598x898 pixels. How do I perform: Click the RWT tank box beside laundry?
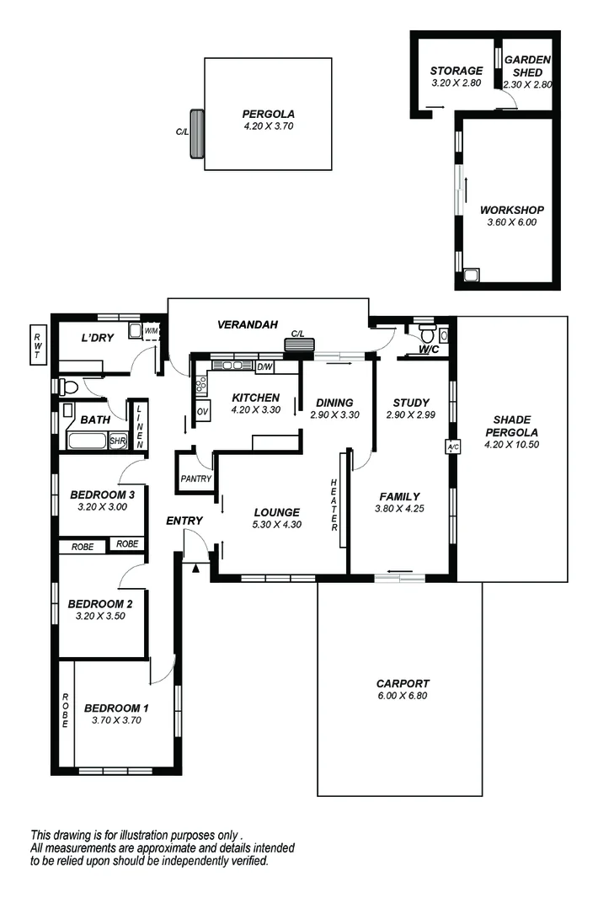(x=37, y=345)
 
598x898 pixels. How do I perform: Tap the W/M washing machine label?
(x=152, y=331)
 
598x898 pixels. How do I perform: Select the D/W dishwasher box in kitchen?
(x=264, y=366)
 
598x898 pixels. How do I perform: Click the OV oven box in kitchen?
(x=202, y=410)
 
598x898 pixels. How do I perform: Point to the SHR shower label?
(x=117, y=441)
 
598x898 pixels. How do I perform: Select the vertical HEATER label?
(x=334, y=505)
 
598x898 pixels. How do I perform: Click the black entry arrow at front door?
(x=196, y=569)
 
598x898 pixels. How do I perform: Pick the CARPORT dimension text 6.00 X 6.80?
(x=403, y=696)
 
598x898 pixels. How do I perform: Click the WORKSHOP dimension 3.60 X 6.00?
(x=511, y=222)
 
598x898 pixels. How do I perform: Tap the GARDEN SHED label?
(x=527, y=66)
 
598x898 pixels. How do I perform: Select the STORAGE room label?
(x=457, y=71)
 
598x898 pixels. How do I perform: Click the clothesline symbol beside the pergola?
(x=197, y=133)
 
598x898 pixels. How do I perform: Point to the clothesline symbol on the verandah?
(x=299, y=344)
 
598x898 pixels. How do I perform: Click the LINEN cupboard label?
(x=140, y=425)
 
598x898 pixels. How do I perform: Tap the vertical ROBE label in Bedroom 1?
(x=65, y=709)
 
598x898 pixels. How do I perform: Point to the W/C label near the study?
(x=428, y=349)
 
